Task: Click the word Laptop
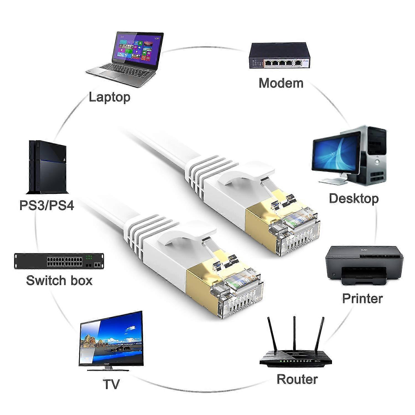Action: pyautogui.click(x=110, y=97)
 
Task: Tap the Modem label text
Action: pyautogui.click(x=281, y=83)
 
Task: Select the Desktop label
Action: pyautogui.click(x=354, y=199)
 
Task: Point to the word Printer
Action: pyautogui.click(x=362, y=298)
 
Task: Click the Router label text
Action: pyautogui.click(x=297, y=379)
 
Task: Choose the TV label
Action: pyautogui.click(x=111, y=384)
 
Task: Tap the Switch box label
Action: pyautogui.click(x=59, y=280)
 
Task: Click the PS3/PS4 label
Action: pyautogui.click(x=47, y=206)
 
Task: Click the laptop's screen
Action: pyautogui.click(x=138, y=48)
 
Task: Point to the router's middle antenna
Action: pyautogui.click(x=294, y=333)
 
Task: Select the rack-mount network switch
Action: pyautogui.click(x=59, y=261)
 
